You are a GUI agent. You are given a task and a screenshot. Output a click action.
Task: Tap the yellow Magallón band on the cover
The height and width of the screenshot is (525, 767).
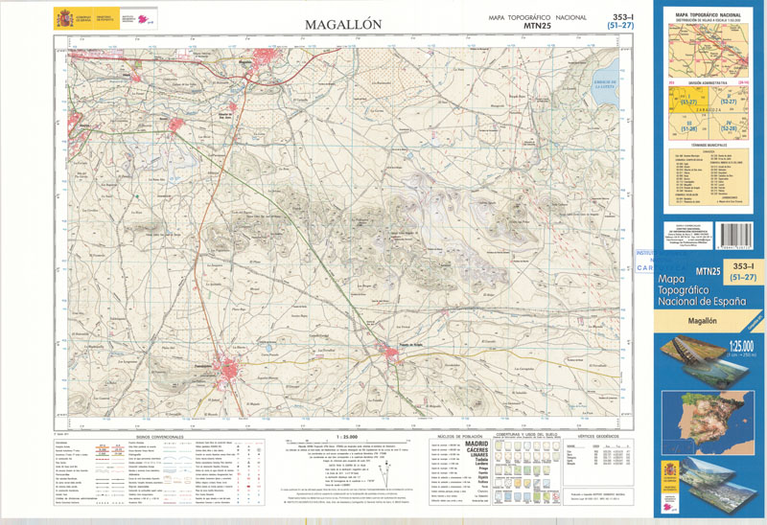pyautogui.click(x=709, y=323)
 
